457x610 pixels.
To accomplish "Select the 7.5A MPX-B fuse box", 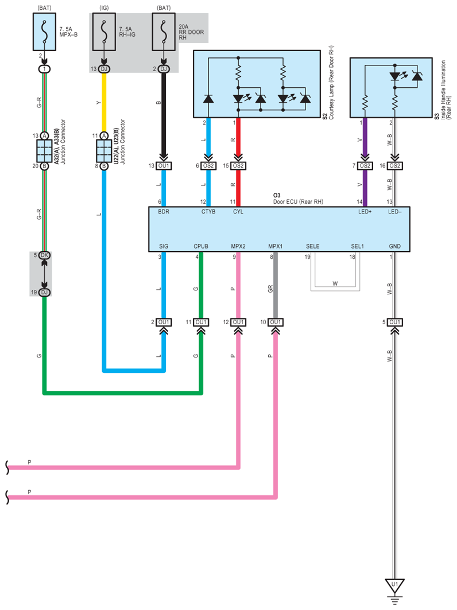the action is (44, 32).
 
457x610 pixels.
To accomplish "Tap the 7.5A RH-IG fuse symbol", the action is (104, 32).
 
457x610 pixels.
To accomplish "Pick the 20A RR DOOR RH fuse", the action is (164, 32).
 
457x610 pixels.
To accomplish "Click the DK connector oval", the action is (44, 255).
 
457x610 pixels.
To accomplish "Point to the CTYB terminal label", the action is (208, 212).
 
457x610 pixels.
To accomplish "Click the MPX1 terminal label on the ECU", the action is (275, 246).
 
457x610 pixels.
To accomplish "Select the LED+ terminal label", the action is (365, 212).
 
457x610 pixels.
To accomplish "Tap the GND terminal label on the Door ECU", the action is (395, 246).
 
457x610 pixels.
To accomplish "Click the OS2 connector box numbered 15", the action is (238, 166).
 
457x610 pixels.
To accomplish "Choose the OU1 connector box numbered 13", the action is (164, 166).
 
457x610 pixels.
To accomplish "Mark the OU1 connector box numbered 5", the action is (395, 322).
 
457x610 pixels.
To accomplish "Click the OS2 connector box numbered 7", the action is (365, 166).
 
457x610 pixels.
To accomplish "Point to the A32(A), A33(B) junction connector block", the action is (44, 151).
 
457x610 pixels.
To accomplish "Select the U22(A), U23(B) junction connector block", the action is (104, 151).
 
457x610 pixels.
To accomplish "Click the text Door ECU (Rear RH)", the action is (298, 201).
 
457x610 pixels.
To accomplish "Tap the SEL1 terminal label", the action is (357, 246).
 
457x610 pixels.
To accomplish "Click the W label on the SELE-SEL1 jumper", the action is (335, 283).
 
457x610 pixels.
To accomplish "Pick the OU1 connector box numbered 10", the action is (275, 322).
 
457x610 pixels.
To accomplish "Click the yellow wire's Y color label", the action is (99, 103).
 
